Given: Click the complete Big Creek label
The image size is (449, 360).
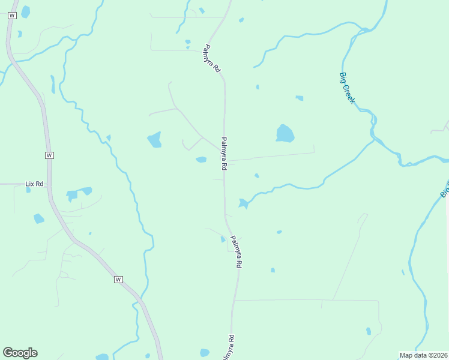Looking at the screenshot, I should point(348,88).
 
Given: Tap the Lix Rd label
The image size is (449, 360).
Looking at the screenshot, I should point(35,184).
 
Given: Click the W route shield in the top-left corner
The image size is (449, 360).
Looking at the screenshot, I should point(11,16).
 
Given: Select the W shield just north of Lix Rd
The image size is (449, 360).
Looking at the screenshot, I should point(49,155).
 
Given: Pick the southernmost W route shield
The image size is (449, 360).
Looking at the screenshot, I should point(118,280).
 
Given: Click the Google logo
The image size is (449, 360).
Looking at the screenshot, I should point(20,353).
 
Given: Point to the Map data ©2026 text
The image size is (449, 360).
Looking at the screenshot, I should point(424,355).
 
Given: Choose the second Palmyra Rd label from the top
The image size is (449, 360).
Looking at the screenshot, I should point(224,153).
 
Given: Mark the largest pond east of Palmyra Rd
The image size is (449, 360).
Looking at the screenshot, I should point(285,133).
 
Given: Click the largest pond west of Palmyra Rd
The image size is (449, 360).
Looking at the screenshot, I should point(155,140).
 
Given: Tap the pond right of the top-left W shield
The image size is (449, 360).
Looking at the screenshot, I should point(25,11).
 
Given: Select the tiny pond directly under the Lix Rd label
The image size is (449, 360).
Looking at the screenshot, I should point(28,190).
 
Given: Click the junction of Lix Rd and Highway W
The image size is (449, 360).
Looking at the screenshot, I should point(50,184).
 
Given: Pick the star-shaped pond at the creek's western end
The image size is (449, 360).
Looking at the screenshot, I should point(243,203).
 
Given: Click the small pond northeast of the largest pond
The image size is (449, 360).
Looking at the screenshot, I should point(299,98).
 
